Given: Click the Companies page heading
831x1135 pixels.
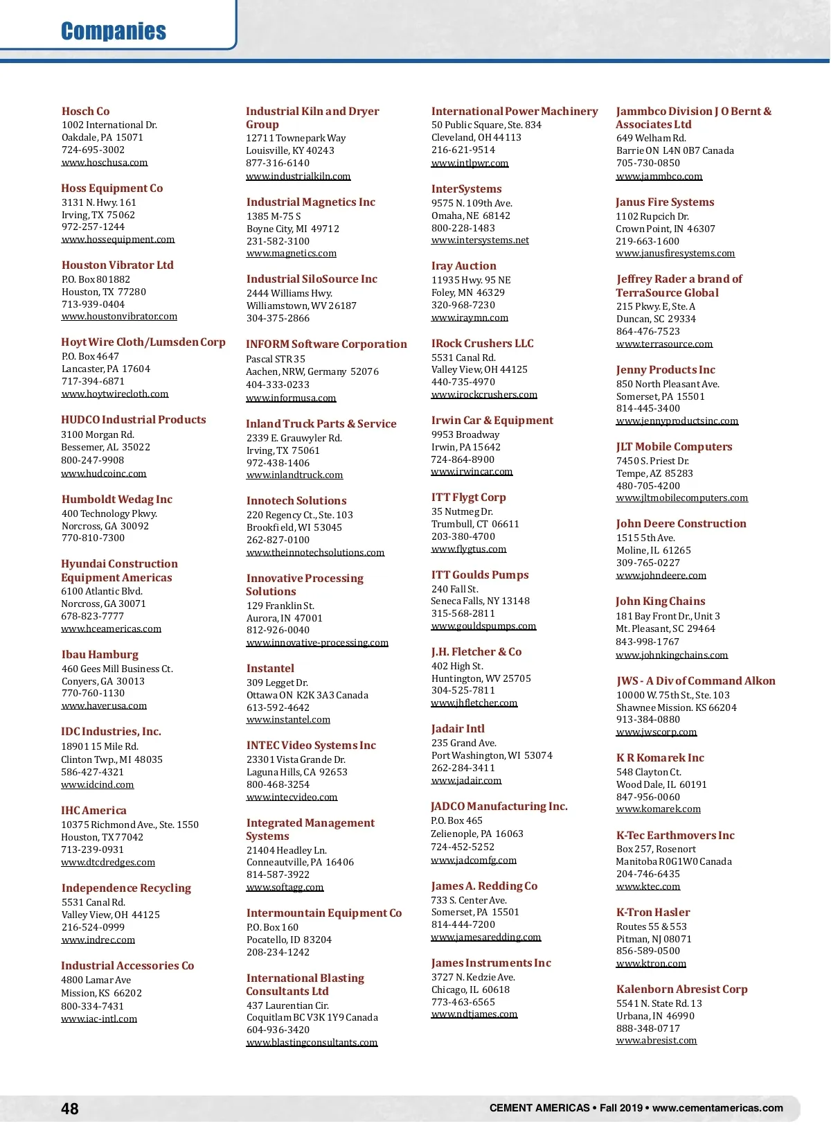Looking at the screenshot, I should tap(114, 31).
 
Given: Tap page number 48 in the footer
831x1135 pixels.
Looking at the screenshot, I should tap(70, 1109).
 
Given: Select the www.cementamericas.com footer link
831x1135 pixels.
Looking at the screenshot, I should tap(717, 1108).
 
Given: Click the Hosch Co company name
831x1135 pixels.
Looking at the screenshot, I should tap(85, 111).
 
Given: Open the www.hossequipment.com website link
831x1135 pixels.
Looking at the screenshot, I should tap(118, 239).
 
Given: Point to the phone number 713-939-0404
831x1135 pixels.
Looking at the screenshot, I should tap(93, 304).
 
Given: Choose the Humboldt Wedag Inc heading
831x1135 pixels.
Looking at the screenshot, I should tap(116, 499).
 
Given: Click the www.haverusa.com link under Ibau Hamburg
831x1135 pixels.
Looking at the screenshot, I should tap(104, 705).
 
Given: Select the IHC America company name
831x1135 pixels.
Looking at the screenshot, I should tap(93, 810).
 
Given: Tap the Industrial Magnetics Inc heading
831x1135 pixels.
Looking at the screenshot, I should tap(311, 202).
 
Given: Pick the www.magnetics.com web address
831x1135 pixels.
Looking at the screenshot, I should tap(292, 254).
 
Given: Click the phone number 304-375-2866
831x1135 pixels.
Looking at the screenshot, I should tap(278, 318).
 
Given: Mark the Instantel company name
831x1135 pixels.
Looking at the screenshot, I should tap(270, 668).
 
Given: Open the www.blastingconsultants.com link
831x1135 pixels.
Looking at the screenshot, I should tap(312, 1042).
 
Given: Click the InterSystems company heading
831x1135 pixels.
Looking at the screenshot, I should tap(466, 188).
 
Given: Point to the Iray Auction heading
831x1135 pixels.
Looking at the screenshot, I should tap(463, 265).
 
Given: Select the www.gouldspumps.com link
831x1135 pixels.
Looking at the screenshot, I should tap(483, 626).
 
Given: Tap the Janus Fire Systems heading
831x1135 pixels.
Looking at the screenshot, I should tap(665, 202).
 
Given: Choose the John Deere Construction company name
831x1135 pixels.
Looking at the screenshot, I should tap(681, 523).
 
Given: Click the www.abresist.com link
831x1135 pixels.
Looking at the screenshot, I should tap(656, 1040).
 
